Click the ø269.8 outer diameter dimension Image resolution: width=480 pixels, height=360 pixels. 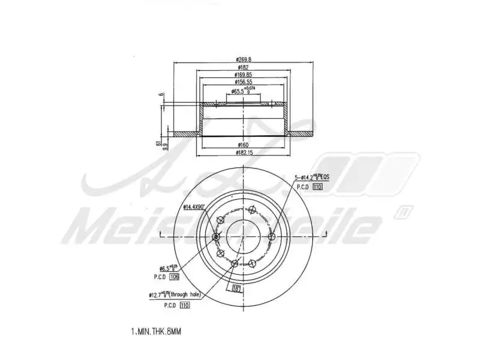tap(243, 59)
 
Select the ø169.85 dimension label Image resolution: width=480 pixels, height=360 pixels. tap(243, 75)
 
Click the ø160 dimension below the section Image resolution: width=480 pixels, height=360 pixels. tap(243, 145)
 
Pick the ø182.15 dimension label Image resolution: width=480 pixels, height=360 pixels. tap(243, 154)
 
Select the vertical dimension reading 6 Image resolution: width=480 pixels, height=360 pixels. tap(161, 95)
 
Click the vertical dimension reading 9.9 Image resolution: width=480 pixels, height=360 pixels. tap(165, 146)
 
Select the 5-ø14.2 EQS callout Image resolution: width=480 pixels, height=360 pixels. tap(313, 178)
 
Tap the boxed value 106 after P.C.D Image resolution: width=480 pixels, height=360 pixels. tap(175, 277)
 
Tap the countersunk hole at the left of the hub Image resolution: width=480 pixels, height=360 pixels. tap(216, 237)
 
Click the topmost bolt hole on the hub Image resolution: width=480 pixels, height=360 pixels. tap(251, 211)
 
